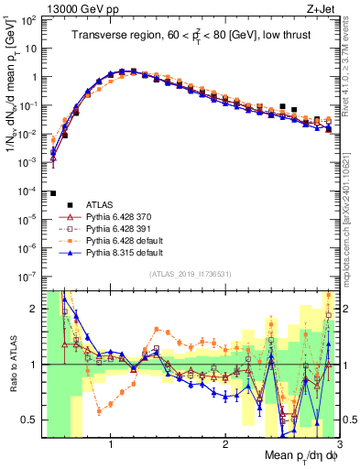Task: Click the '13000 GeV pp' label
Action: point(66,8)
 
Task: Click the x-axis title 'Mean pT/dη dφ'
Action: point(296,455)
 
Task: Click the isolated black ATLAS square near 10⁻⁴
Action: point(54,193)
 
